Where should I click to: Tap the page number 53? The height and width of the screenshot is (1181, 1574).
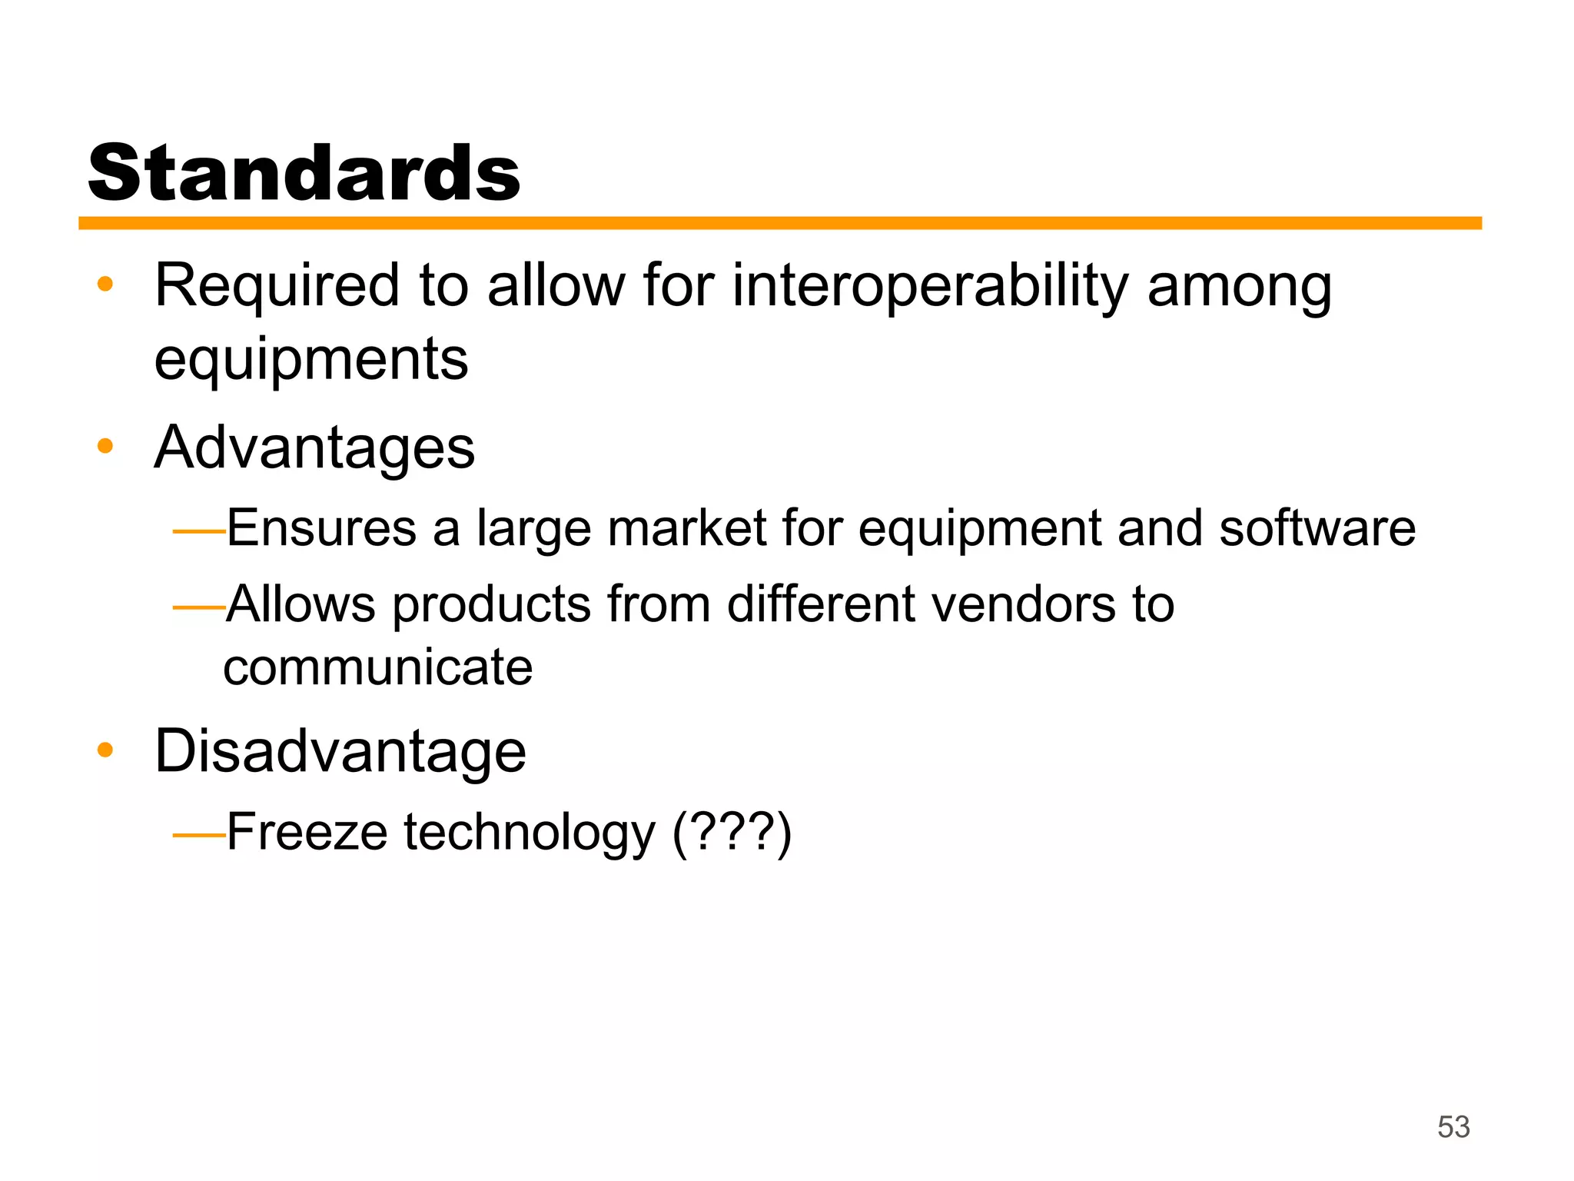[x=1453, y=1126]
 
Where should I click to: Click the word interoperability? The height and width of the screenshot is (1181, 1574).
[x=931, y=287]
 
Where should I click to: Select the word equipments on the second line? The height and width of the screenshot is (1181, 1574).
[x=311, y=360]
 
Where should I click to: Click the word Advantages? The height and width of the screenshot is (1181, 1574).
[x=314, y=447]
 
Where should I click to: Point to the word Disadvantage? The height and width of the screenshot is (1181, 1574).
[x=340, y=751]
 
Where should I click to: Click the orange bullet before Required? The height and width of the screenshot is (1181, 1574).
[x=105, y=284]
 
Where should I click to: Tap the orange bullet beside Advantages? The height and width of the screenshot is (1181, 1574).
[x=105, y=446]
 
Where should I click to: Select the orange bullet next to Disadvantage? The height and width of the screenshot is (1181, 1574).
[x=105, y=750]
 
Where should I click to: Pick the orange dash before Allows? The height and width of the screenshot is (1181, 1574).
[x=198, y=607]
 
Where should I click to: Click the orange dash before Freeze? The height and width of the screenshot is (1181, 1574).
[x=198, y=834]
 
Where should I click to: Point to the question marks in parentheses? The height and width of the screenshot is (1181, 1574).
[x=732, y=833]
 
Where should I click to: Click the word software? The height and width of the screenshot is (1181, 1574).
[x=1317, y=529]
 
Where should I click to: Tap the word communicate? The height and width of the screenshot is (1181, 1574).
[x=378, y=667]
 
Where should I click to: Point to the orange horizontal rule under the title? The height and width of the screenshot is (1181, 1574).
[x=779, y=223]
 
